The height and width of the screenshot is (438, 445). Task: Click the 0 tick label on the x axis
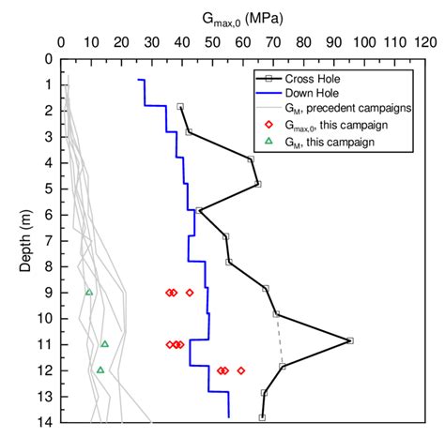tap(62, 42)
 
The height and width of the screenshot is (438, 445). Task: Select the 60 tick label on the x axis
tap(243, 42)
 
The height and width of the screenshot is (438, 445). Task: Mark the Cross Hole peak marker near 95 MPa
tap(350, 340)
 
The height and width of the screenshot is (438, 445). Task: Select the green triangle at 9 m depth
tap(89, 292)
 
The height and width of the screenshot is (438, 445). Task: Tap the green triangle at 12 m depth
tap(100, 370)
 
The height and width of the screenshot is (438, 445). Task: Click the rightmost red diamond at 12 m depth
tap(241, 370)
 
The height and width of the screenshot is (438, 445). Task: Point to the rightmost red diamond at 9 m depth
tap(190, 293)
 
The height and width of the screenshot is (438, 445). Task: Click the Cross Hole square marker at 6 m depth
tap(199, 211)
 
